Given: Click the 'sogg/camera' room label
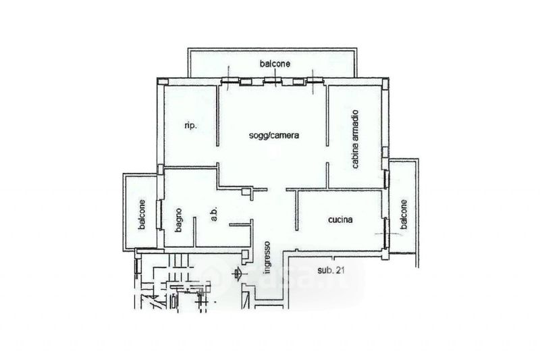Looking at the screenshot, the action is tap(274, 135).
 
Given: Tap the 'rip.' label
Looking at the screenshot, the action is tap(191, 126).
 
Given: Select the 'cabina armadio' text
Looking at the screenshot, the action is tap(355, 139).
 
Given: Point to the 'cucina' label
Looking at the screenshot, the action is tap(340, 220).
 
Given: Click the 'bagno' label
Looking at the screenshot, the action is tap(178, 220).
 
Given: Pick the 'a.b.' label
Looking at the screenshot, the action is tap(213, 214).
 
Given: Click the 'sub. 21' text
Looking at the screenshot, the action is tap(331, 270).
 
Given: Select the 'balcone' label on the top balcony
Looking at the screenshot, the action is tap(275, 63).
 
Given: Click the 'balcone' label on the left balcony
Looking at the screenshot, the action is tap(142, 215).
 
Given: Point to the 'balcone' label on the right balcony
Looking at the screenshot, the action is tap(404, 214).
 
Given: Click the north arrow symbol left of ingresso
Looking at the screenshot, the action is tap(237, 274).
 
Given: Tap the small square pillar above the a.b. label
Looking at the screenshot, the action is tap(246, 192).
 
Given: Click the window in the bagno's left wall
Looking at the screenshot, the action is tap(159, 214).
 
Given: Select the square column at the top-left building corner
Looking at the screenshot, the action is tap(163, 82).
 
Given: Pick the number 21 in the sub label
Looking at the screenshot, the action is tap(340, 270).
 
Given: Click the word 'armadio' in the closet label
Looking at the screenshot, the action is tap(355, 125).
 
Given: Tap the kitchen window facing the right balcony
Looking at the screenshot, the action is tap(386, 233).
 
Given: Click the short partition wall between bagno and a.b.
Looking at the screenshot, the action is tap(194, 232).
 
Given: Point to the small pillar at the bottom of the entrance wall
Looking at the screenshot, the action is tap(246, 255).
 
